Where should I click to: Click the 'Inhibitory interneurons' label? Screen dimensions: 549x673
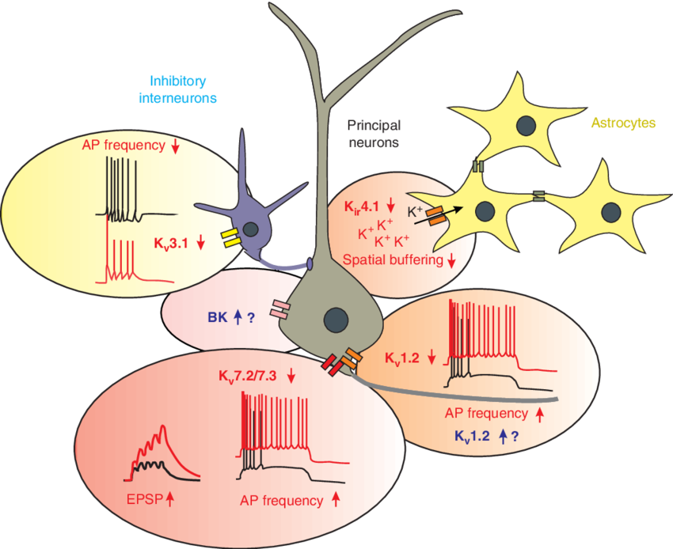point(179,89)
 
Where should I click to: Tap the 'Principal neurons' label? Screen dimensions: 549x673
point(374,134)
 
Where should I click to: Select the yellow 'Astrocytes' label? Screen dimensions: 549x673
point(623,123)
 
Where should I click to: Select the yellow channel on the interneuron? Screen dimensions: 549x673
point(231,238)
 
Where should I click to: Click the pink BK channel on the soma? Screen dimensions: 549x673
point(281,310)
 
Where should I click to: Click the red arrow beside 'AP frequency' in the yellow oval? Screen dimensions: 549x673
point(175,146)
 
